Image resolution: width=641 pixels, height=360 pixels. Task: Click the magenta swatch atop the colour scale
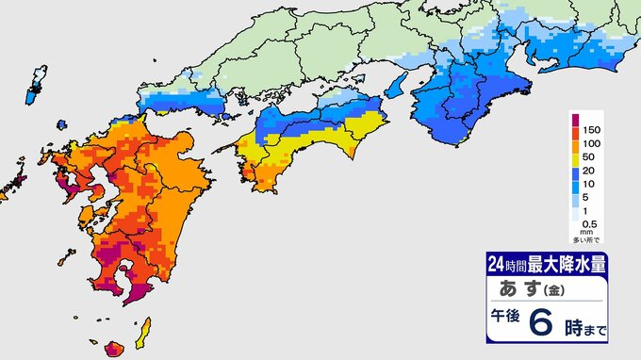574,122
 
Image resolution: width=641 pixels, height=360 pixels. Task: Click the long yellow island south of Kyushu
146,331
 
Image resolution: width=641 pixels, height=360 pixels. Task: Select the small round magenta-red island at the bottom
114,350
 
